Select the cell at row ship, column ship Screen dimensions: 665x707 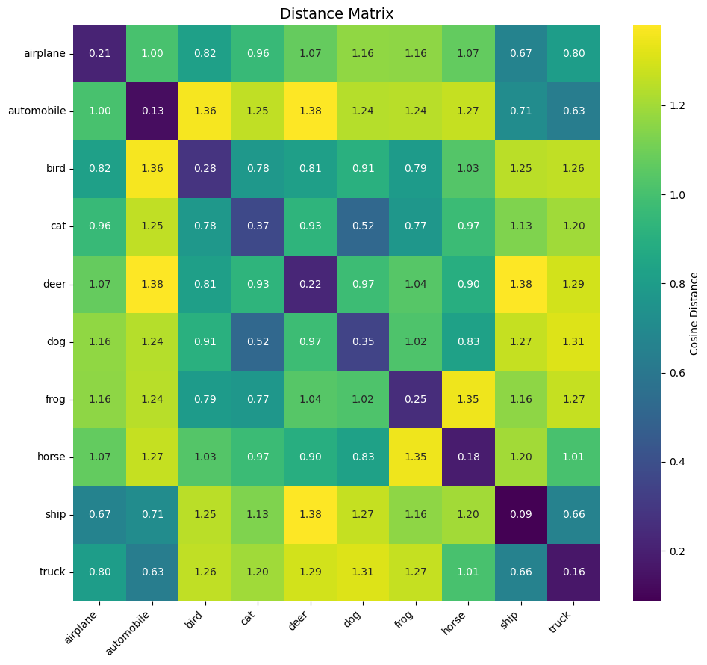[520, 514]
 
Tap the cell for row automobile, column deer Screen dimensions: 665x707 [310, 111]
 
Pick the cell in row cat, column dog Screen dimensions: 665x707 [362, 226]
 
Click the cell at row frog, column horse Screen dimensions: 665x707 [468, 399]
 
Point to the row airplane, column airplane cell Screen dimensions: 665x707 [99, 53]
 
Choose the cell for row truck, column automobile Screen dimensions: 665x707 [152, 572]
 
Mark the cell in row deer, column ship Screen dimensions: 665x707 [520, 284]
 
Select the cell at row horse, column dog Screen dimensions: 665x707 [362, 457]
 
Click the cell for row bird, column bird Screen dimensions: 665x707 [205, 168]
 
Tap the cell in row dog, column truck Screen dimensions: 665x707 [573, 341]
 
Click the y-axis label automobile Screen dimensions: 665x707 [37, 111]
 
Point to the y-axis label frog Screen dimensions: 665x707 [55, 399]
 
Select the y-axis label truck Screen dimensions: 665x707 [54, 572]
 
